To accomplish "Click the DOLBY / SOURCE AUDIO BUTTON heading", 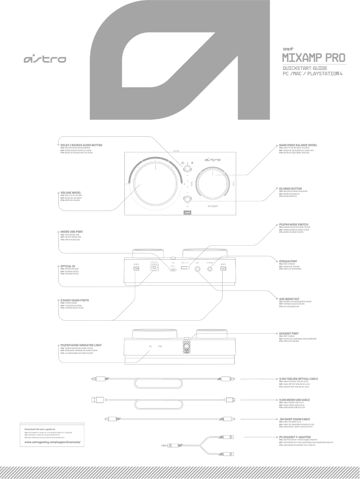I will pyautogui.click(x=81, y=145).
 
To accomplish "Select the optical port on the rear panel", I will pyautogui.click(x=154, y=268).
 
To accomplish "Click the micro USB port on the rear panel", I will pyautogui.click(x=173, y=269).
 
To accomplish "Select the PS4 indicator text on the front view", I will pyautogui.click(x=161, y=346).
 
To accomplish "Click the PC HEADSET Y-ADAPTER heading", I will pyautogui.click(x=296, y=436).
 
